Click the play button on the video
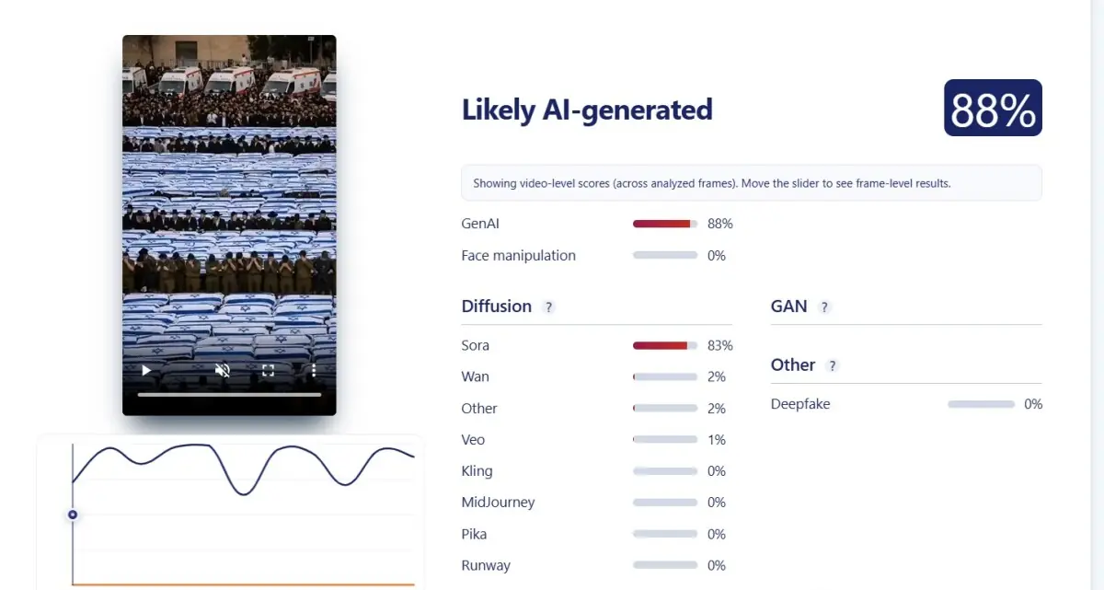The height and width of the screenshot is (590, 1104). click(x=146, y=370)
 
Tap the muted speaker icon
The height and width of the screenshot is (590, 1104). click(x=223, y=370)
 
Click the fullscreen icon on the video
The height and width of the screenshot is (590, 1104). click(x=268, y=370)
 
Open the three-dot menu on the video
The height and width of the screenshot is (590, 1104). click(x=314, y=370)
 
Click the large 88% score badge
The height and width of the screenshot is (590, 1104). click(x=993, y=108)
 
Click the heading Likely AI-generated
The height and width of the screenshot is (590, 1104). click(x=587, y=110)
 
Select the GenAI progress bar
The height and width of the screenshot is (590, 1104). click(x=665, y=224)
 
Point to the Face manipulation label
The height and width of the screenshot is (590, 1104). click(x=519, y=255)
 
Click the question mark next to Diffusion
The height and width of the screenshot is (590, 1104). click(x=548, y=307)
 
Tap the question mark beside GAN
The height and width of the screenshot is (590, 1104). click(x=824, y=307)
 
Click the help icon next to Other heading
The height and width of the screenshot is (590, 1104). click(x=832, y=365)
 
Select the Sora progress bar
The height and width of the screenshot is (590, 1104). click(x=665, y=345)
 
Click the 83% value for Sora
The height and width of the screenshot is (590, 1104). click(x=720, y=345)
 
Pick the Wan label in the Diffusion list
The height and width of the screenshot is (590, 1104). click(x=475, y=376)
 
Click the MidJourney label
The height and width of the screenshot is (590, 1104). click(x=498, y=503)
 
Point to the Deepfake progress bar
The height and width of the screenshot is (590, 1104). click(x=981, y=404)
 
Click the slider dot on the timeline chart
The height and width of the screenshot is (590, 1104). click(x=73, y=515)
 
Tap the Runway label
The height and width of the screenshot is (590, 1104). click(x=486, y=565)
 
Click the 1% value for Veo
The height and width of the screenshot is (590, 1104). click(x=716, y=440)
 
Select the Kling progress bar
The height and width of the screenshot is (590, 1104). click(x=665, y=471)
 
